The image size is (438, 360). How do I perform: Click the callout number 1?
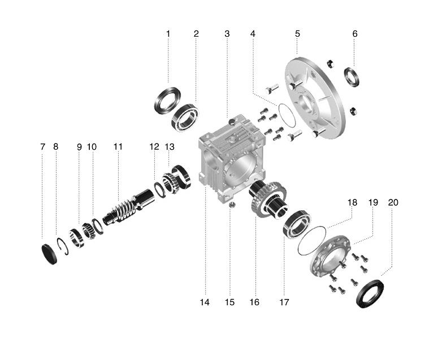[x=168, y=34]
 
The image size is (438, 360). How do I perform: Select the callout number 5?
[x=297, y=34]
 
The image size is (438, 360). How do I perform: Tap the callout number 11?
[x=118, y=147]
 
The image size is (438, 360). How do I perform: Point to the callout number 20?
[x=393, y=202]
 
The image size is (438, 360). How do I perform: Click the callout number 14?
[x=205, y=302]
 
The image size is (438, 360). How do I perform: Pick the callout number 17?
[x=284, y=302]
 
